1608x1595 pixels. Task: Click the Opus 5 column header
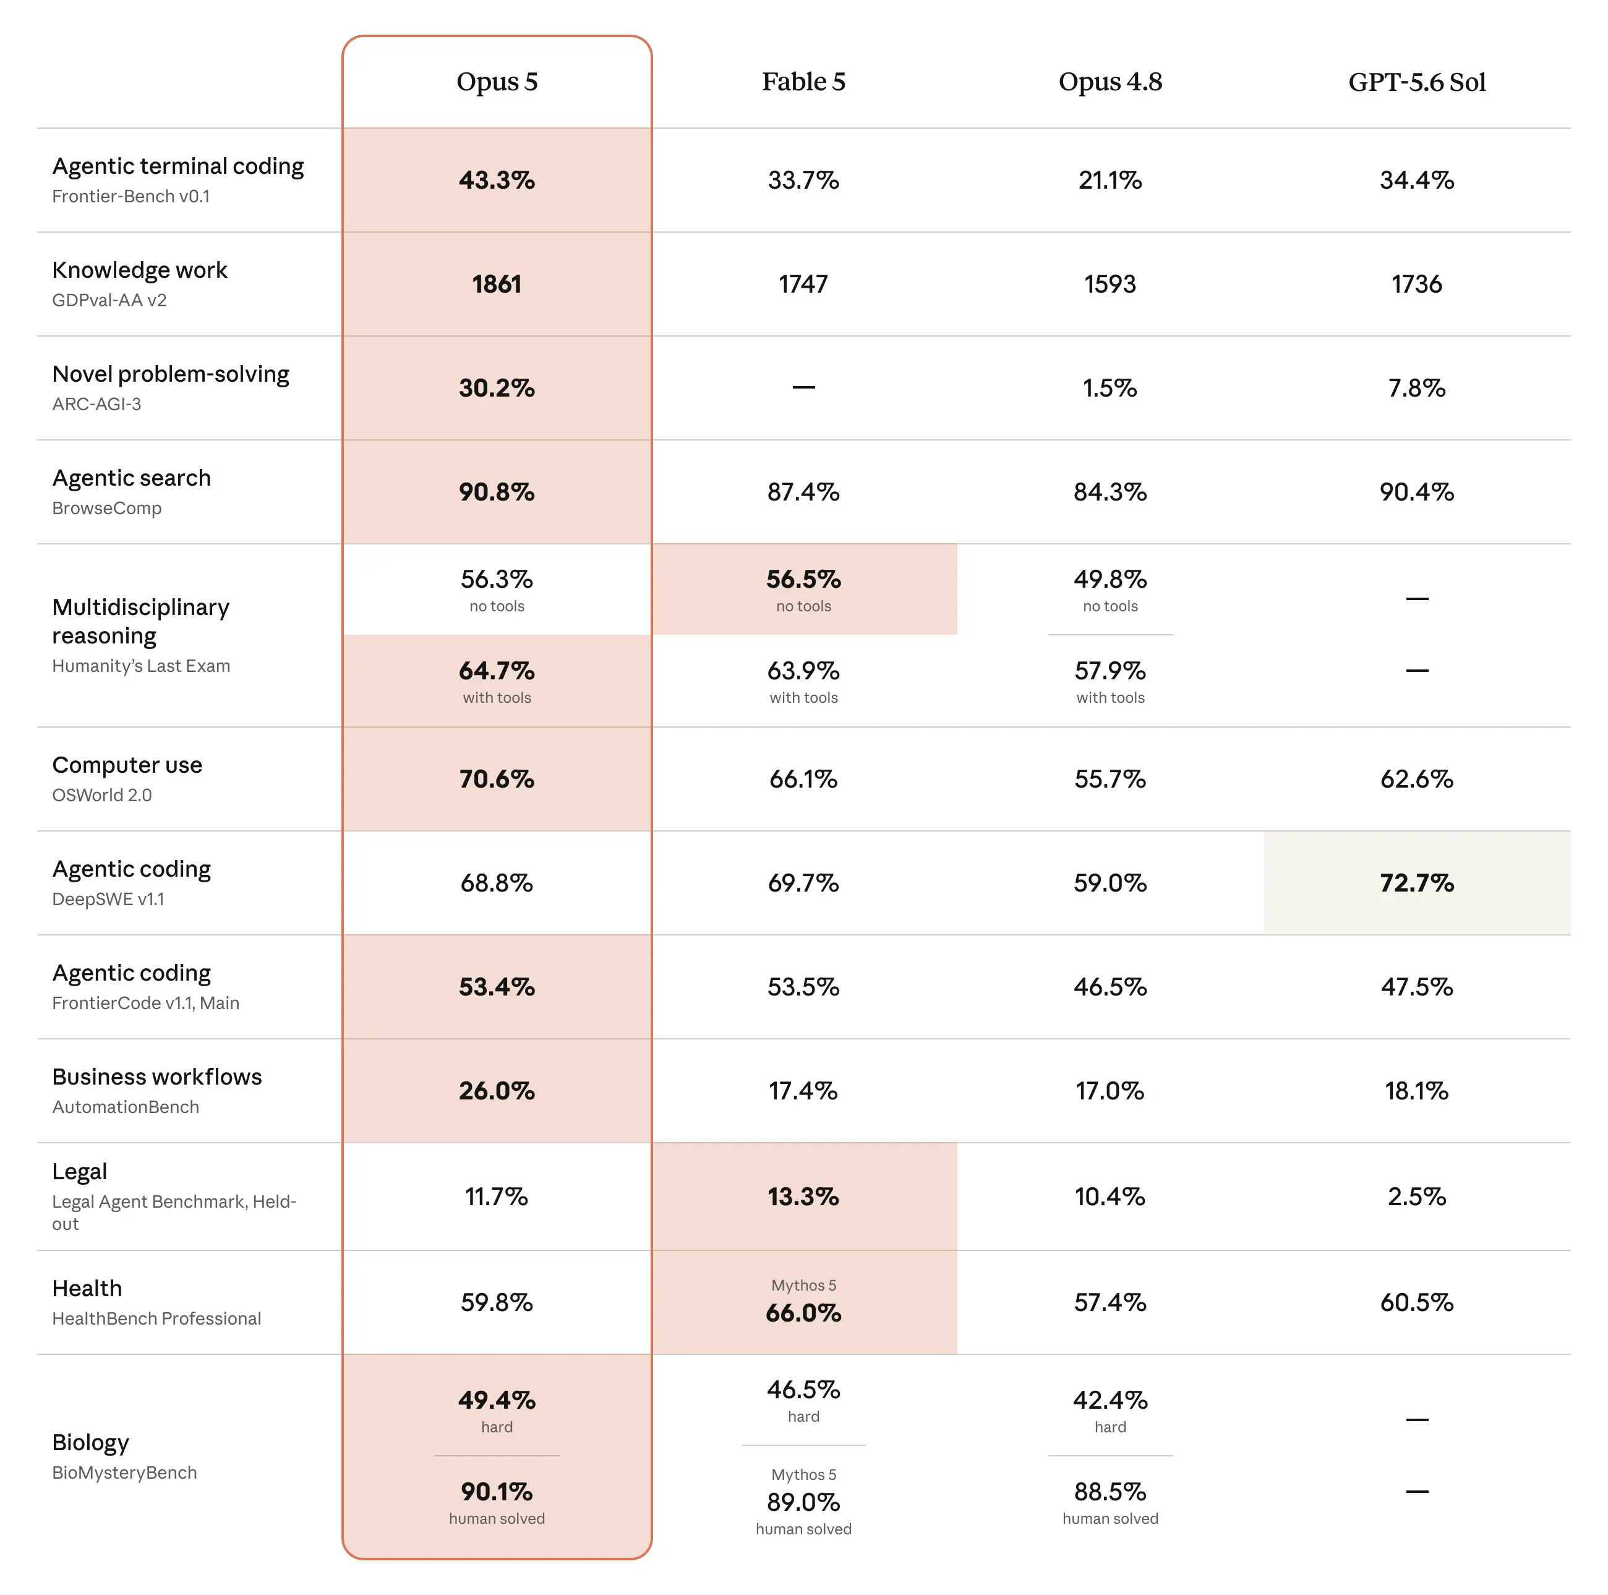click(497, 82)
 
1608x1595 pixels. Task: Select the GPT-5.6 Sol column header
click(1416, 82)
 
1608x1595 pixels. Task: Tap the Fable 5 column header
click(803, 82)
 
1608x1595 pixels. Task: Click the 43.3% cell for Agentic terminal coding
click(497, 180)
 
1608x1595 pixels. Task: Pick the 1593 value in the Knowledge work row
click(1110, 284)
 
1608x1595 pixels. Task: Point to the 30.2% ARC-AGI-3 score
click(497, 388)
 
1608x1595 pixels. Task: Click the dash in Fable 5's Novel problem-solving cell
click(803, 388)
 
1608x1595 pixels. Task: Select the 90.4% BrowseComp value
click(1416, 492)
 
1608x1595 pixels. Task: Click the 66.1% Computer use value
click(803, 778)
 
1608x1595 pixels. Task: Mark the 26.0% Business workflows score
click(497, 1091)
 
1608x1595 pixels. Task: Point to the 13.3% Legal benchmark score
click(803, 1197)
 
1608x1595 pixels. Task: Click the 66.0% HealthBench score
click(803, 1313)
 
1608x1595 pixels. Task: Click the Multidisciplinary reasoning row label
click(140, 621)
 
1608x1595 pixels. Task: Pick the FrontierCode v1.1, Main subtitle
click(146, 1003)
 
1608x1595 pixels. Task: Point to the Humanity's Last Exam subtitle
click(140, 666)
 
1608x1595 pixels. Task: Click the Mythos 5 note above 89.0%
click(803, 1474)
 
